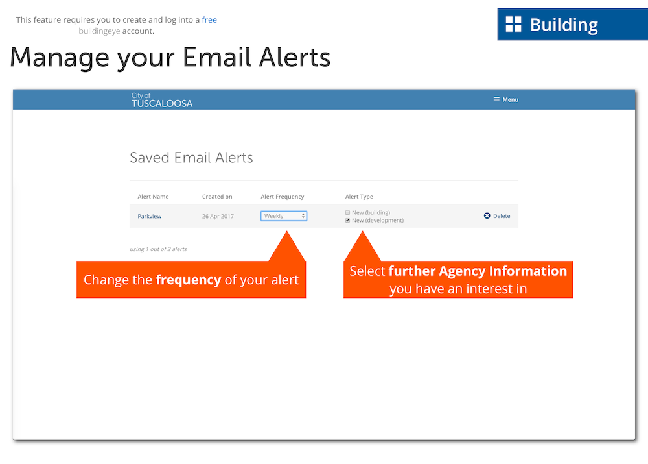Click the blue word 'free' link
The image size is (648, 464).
[x=209, y=20]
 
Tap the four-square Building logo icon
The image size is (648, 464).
[x=514, y=25]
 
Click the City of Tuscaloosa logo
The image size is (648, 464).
[x=162, y=100]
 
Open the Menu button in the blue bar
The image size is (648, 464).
[x=506, y=99]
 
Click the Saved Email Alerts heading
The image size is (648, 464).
[x=191, y=158]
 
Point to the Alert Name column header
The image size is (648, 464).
[x=153, y=197]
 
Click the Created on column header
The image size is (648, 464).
[x=217, y=197]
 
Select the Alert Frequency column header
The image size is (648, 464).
[x=283, y=197]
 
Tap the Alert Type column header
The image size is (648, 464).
[x=359, y=197]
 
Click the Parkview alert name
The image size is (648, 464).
[x=150, y=216]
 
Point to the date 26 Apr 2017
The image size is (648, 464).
[x=218, y=216]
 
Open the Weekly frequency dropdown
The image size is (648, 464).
[x=284, y=216]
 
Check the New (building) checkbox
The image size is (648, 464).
[x=347, y=213]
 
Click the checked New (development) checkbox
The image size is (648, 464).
[x=347, y=221]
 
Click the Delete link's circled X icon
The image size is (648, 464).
[x=487, y=215]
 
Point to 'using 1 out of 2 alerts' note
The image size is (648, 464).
[x=158, y=249]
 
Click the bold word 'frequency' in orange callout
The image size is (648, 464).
[x=189, y=280]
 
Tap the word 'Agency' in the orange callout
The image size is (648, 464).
[x=462, y=271]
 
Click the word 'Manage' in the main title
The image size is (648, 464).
[x=60, y=58]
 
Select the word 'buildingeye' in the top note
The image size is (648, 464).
[x=99, y=31]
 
